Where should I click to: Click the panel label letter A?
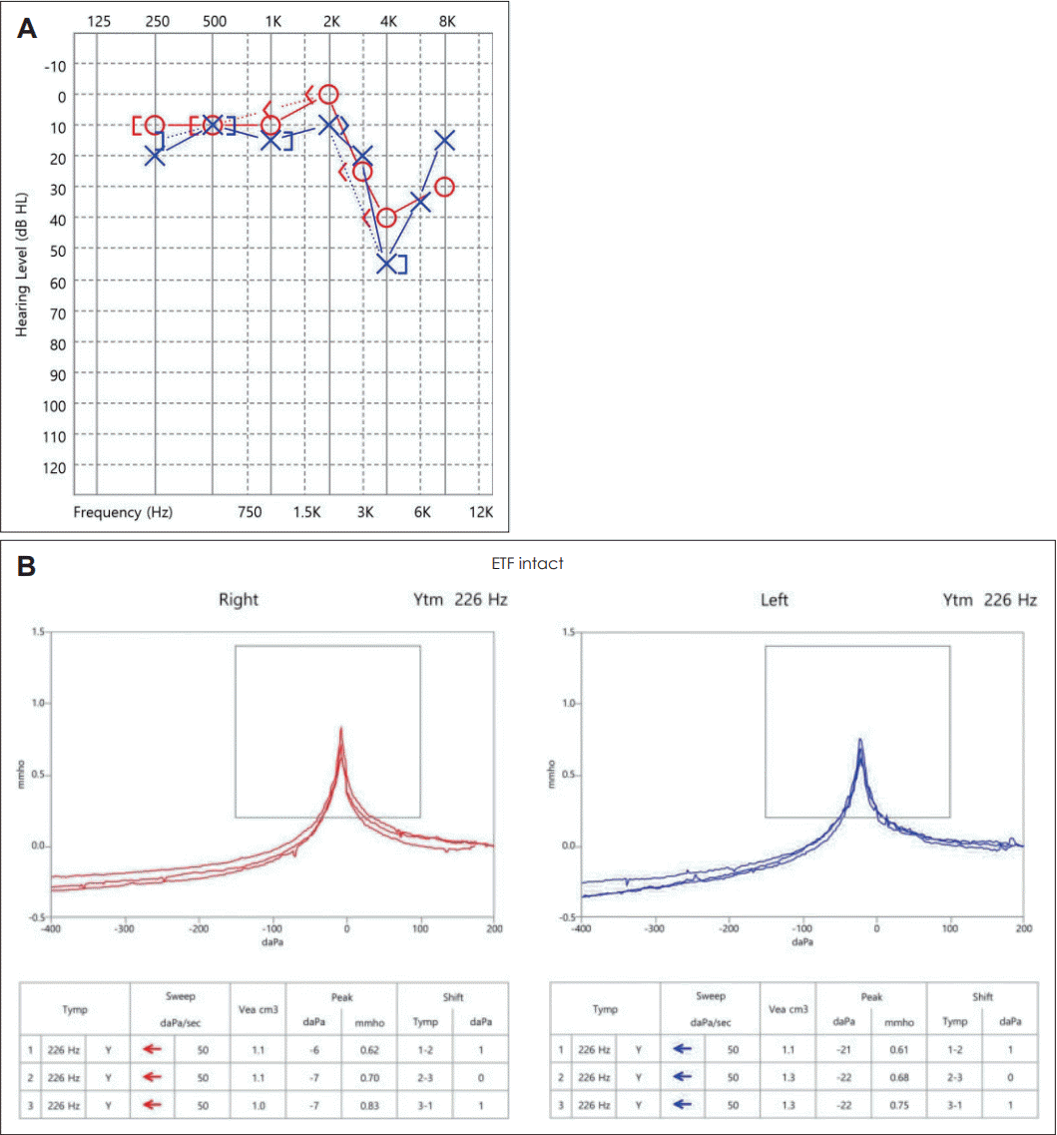tap(27, 29)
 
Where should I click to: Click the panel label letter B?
tap(27, 566)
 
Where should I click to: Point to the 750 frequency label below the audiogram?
tap(250, 512)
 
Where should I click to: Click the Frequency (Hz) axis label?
tap(123, 512)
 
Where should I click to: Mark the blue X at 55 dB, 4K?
tap(387, 264)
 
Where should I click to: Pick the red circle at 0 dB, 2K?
tap(328, 95)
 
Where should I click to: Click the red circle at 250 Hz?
tap(155, 125)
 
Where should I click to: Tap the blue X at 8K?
tap(444, 140)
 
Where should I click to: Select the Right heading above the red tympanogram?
tap(240, 600)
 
